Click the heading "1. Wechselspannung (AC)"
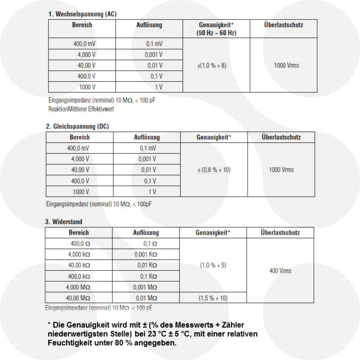(82, 14)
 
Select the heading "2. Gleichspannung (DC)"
(77, 126)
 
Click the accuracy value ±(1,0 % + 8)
(212, 66)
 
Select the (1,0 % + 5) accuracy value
(213, 265)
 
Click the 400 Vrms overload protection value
(280, 271)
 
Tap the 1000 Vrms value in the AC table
(286, 66)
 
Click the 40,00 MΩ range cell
(79, 298)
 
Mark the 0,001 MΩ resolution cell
(145, 287)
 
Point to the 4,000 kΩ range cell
(79, 254)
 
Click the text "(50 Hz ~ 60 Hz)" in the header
(216, 33)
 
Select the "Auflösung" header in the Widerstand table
(146, 233)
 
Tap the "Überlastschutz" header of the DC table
(281, 137)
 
